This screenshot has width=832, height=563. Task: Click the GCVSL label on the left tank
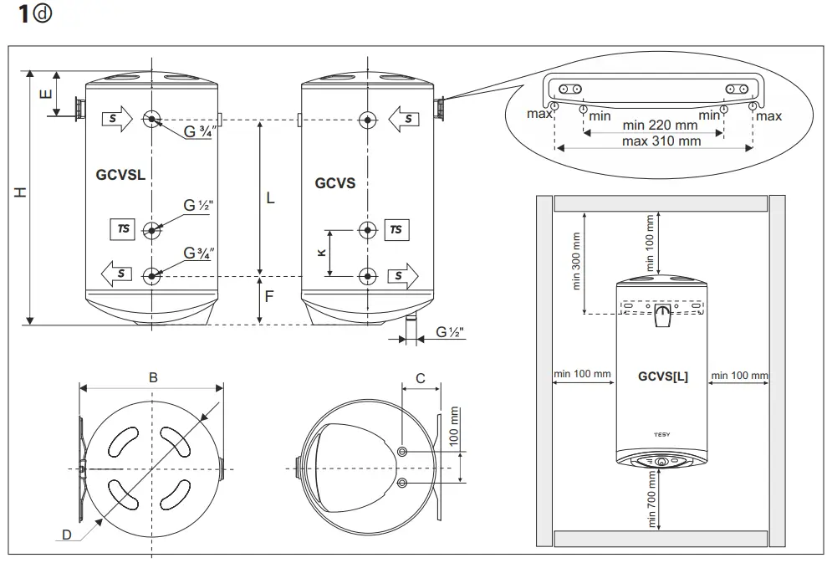coord(120,175)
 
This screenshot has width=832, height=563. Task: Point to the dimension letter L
coord(269,198)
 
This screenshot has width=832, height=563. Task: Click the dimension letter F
coord(269,296)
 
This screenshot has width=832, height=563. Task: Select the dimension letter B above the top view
coord(152,377)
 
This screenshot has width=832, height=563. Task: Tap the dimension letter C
coord(421,378)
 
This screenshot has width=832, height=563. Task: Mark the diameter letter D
coord(66,535)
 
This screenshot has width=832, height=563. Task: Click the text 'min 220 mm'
coord(661,125)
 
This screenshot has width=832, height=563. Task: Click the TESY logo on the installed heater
coord(661,434)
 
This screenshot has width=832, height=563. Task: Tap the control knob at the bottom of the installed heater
coord(661,461)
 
